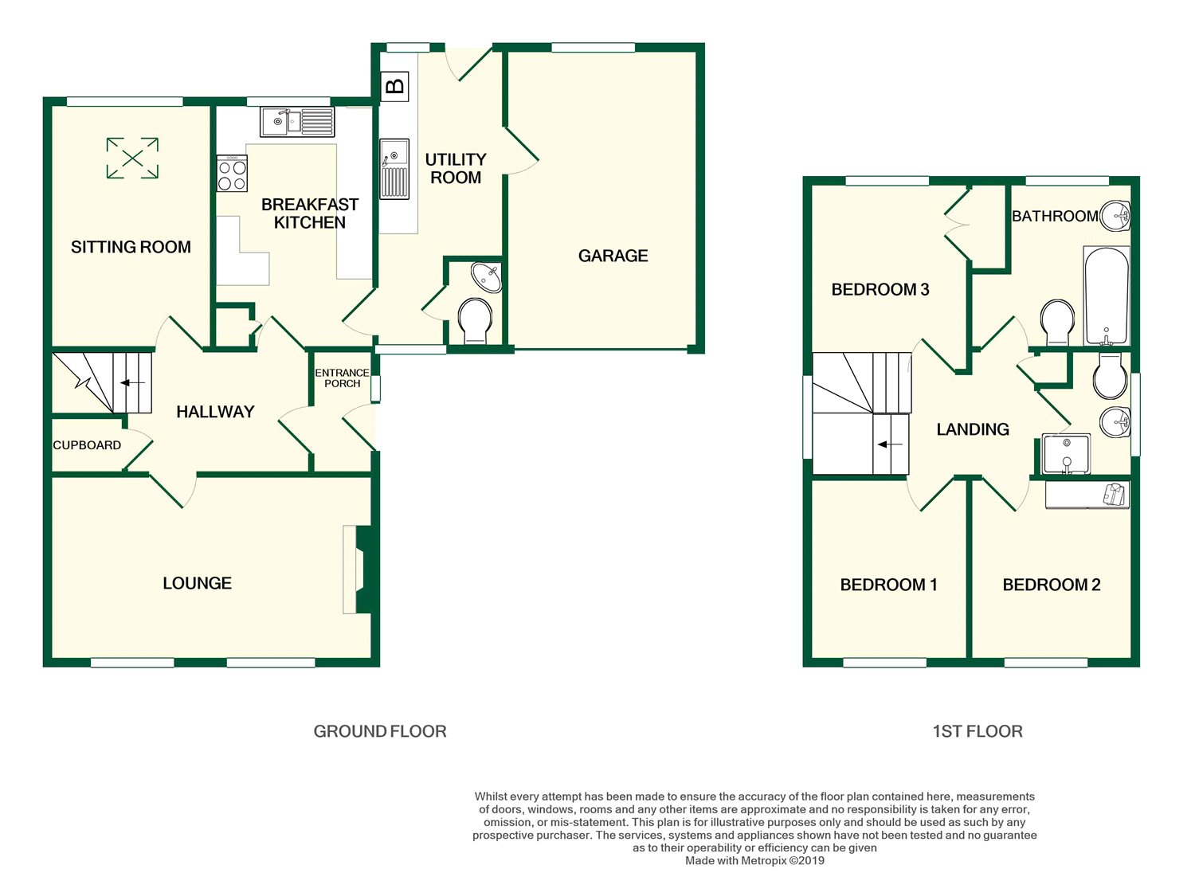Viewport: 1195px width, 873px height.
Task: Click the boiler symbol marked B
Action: [394, 86]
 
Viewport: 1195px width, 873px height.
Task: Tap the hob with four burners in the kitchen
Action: [232, 174]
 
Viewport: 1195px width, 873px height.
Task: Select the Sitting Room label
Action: [131, 247]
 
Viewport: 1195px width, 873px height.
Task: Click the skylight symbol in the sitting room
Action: [132, 158]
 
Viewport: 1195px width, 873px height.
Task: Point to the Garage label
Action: [613, 256]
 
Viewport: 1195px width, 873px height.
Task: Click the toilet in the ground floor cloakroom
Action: [476, 321]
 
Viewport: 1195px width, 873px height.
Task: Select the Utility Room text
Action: [456, 169]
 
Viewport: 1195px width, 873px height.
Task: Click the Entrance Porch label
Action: [342, 378]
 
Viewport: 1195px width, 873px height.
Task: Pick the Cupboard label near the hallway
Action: [87, 445]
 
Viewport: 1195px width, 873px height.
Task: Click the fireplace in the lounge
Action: [358, 570]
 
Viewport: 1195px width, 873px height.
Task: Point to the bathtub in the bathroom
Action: [1107, 296]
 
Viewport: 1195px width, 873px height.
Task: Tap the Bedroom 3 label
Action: [880, 290]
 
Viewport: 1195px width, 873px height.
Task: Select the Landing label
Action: [973, 429]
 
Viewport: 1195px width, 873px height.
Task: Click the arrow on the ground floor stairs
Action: [132, 382]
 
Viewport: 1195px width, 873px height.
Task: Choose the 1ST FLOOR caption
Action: [978, 731]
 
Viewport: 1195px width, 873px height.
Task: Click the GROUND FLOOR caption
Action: [380, 731]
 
